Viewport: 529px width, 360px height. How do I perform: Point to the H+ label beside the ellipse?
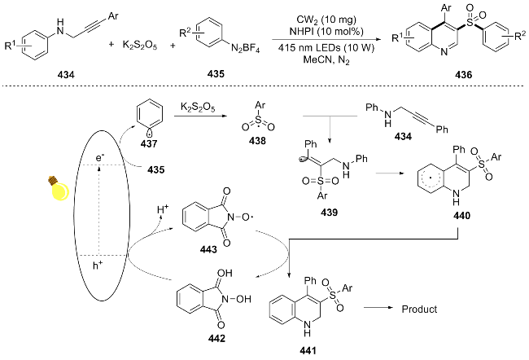163,209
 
